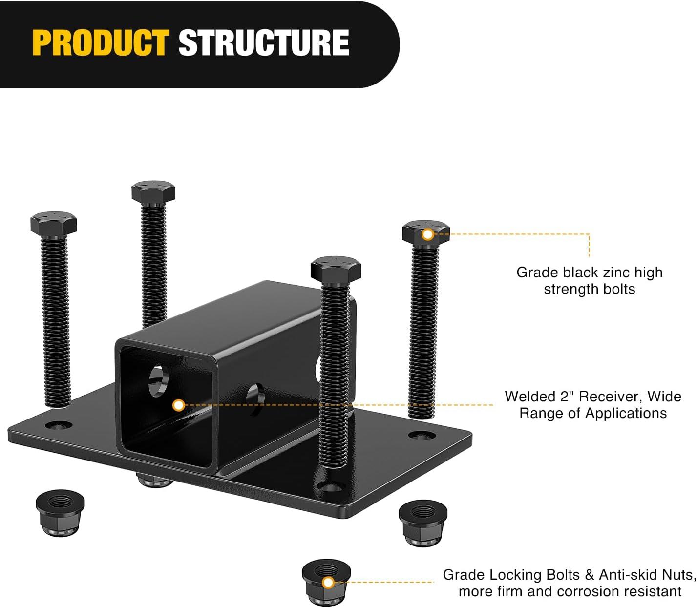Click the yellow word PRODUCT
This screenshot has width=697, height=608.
[101, 42]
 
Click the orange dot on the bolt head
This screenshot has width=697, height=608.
[428, 234]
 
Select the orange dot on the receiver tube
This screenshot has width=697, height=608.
[178, 405]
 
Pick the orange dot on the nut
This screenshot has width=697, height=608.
[328, 582]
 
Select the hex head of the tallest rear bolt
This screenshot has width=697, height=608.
[153, 192]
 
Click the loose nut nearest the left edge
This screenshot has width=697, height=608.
[60, 513]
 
